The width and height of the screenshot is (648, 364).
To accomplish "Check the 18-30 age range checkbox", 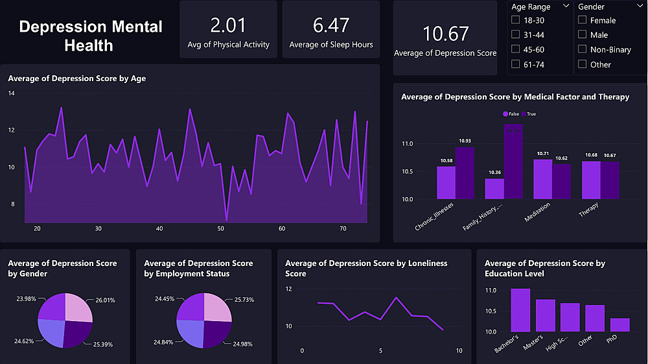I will coord(516,20).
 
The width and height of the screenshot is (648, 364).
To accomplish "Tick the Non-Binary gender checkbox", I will coord(582,49).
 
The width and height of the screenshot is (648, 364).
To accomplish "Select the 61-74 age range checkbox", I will coord(516,64).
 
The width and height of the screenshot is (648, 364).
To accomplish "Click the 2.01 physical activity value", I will coord(228,25).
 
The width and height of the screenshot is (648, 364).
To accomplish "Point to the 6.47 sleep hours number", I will coord(330,25).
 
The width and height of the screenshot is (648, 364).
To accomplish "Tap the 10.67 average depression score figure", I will coord(445,34).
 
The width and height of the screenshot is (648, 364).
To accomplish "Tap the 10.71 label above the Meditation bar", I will coord(542,154).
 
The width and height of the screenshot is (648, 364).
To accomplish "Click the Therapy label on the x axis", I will coord(588,210).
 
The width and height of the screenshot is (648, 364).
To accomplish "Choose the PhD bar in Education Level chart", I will coord(619,324).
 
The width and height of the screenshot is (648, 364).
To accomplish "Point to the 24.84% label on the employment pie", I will coord(165,342).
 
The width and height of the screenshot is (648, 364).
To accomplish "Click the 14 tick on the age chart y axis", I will coord(11,93).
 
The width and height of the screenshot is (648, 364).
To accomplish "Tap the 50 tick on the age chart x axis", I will coord(220,229).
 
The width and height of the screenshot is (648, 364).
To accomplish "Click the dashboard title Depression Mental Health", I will coord(91,36).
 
